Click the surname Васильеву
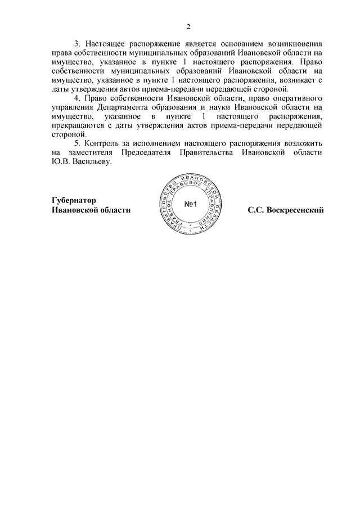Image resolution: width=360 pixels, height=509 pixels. [x=92, y=162]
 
